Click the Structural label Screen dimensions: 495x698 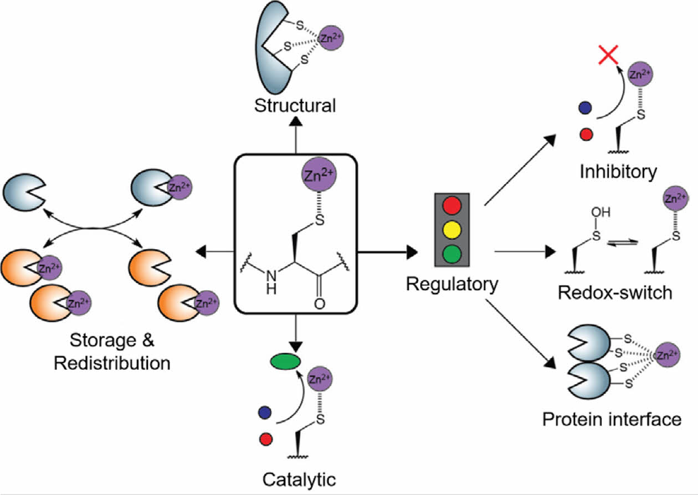295,105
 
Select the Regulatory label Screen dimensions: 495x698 451,285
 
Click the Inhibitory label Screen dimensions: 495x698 618,172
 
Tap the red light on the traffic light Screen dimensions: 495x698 452,205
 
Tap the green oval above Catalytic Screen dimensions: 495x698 285,362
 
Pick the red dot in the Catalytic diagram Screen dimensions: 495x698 265,439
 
